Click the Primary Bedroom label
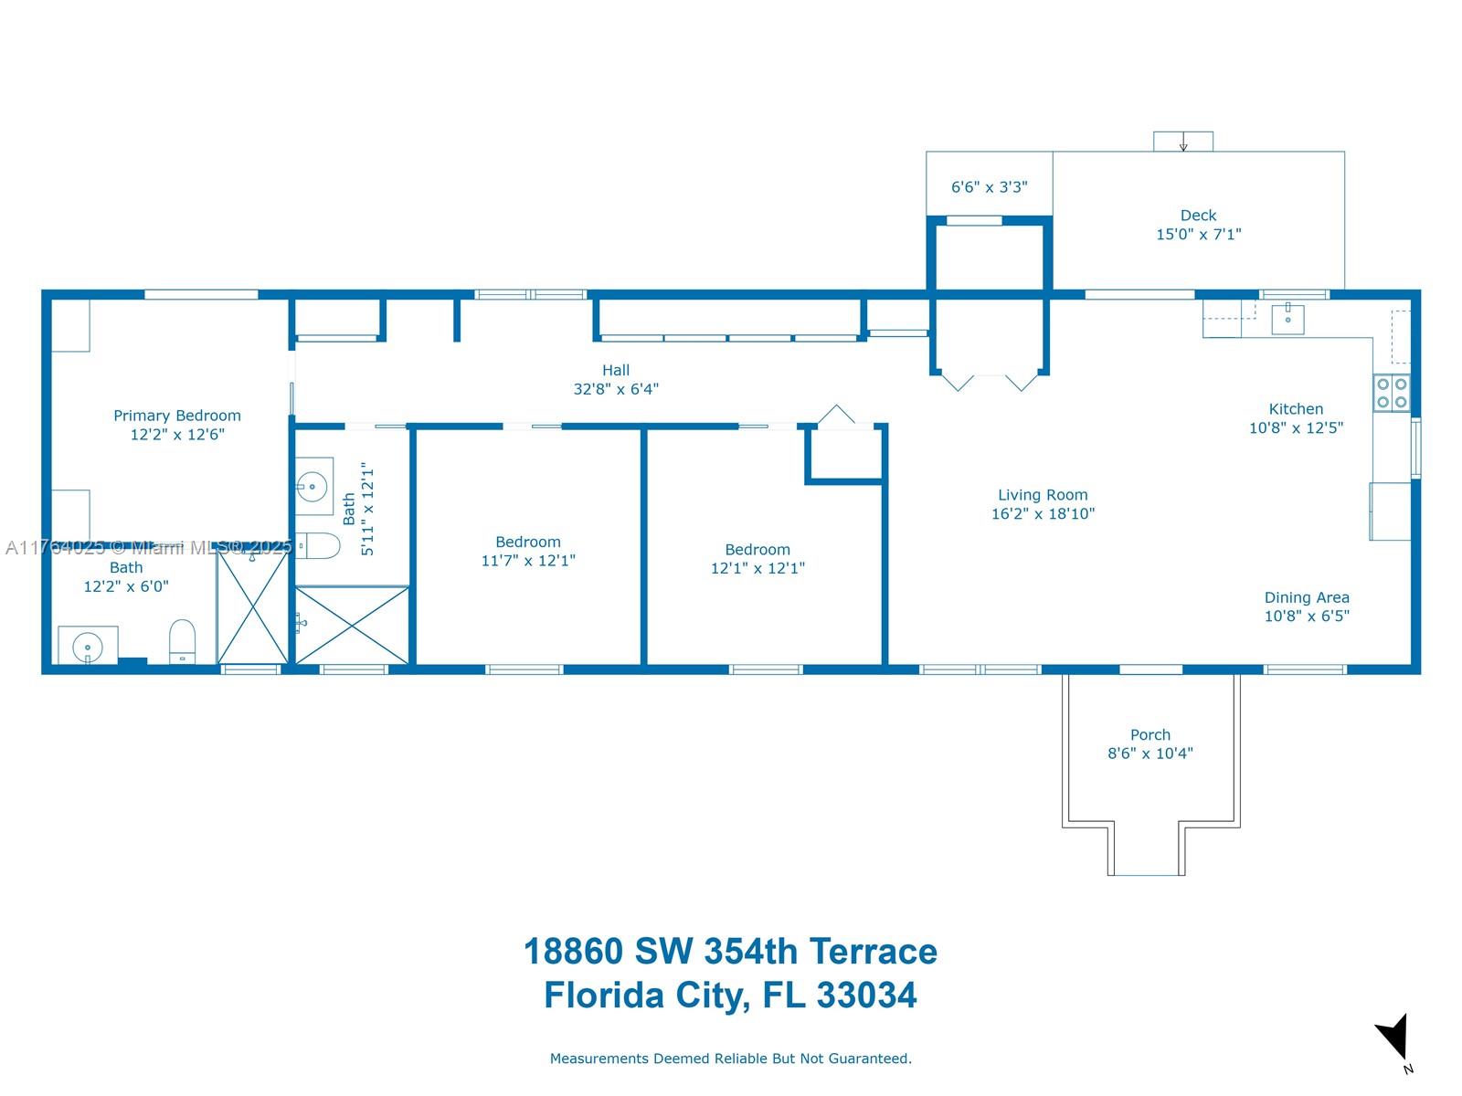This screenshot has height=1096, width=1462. pos(176,416)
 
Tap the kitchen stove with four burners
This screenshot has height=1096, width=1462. pos(1392,393)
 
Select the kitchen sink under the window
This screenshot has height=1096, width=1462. pos(1287,319)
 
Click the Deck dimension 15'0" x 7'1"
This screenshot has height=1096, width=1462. pos(1198,235)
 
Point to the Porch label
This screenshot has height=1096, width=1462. pos(1149,734)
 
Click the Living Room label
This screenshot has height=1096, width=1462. pos(1043,495)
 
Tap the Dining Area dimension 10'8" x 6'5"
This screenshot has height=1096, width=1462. pos(1307,616)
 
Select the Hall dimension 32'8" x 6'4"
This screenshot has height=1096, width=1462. pos(616,389)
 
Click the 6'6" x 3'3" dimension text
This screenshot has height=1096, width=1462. pos(989,187)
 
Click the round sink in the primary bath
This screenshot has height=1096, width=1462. pos(88,646)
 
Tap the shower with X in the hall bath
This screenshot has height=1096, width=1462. pos(352,625)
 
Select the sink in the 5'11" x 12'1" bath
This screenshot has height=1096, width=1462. pos(313,486)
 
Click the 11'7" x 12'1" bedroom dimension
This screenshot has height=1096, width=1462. pos(528,561)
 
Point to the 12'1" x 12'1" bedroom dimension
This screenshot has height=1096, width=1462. pos(757,568)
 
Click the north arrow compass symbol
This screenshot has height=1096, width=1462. pos(1394,1038)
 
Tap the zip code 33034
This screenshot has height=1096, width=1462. pos(865,995)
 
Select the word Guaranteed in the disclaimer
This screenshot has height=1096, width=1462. pos(863,1059)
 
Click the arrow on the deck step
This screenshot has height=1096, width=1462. pos(1183,143)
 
